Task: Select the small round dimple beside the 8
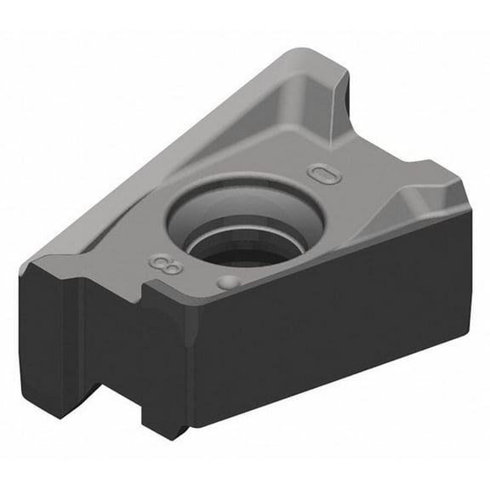tap(225, 282)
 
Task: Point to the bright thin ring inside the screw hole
tap(247, 232)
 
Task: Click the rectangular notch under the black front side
tap(109, 400)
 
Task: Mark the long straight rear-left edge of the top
tap(162, 153)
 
